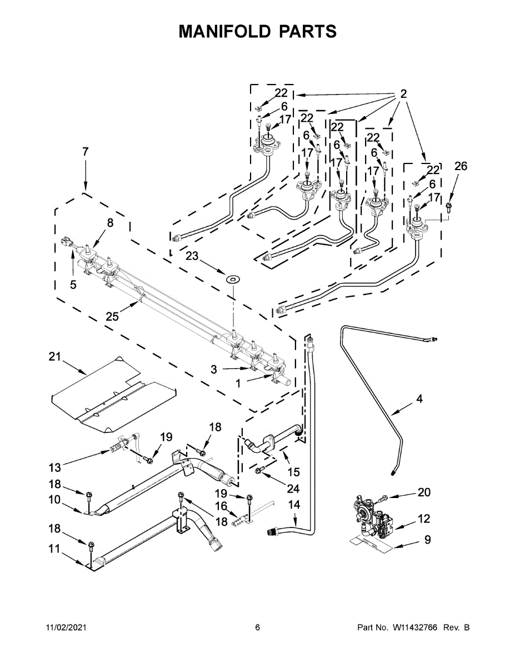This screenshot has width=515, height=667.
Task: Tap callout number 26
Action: click(x=461, y=166)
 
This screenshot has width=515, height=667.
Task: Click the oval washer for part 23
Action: click(x=233, y=277)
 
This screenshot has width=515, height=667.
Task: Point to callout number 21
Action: click(x=54, y=357)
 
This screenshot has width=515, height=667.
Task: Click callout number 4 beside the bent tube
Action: click(x=419, y=399)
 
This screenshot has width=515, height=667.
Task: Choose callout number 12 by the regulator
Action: click(x=424, y=519)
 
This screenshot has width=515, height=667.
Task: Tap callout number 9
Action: click(x=427, y=539)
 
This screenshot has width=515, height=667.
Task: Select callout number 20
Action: click(x=424, y=492)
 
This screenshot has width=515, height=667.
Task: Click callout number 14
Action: click(x=294, y=505)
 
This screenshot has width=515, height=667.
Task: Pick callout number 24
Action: click(x=293, y=489)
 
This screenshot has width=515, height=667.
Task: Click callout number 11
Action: click(x=54, y=549)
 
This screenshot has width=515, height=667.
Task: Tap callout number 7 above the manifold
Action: click(x=85, y=151)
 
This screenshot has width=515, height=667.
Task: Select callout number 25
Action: click(x=112, y=316)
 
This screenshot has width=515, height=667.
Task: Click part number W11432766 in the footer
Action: click(x=416, y=628)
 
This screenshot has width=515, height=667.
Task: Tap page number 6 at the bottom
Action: click(x=257, y=628)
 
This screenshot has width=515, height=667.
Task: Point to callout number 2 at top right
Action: click(x=403, y=94)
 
